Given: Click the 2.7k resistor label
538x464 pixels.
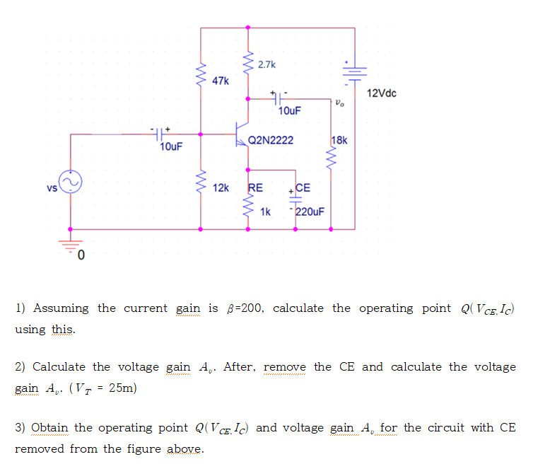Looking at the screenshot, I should pos(267,65).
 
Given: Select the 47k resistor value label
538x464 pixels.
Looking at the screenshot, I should pos(220,81).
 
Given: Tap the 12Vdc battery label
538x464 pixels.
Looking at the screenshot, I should pos(382,93).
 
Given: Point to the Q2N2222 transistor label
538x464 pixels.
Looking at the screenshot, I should pos(270,141).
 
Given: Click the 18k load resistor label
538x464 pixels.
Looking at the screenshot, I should pos(339,140).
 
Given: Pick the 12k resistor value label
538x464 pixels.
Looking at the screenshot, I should pos(221,188).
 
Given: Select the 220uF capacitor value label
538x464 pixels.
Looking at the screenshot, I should pos(310,211).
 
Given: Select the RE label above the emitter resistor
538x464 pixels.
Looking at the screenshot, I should pos(255,188).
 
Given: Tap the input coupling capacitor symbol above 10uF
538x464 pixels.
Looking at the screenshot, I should pos(160,132).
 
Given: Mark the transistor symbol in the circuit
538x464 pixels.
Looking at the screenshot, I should pos(242,133).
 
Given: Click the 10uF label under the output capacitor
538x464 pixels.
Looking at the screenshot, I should pos(289,111).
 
